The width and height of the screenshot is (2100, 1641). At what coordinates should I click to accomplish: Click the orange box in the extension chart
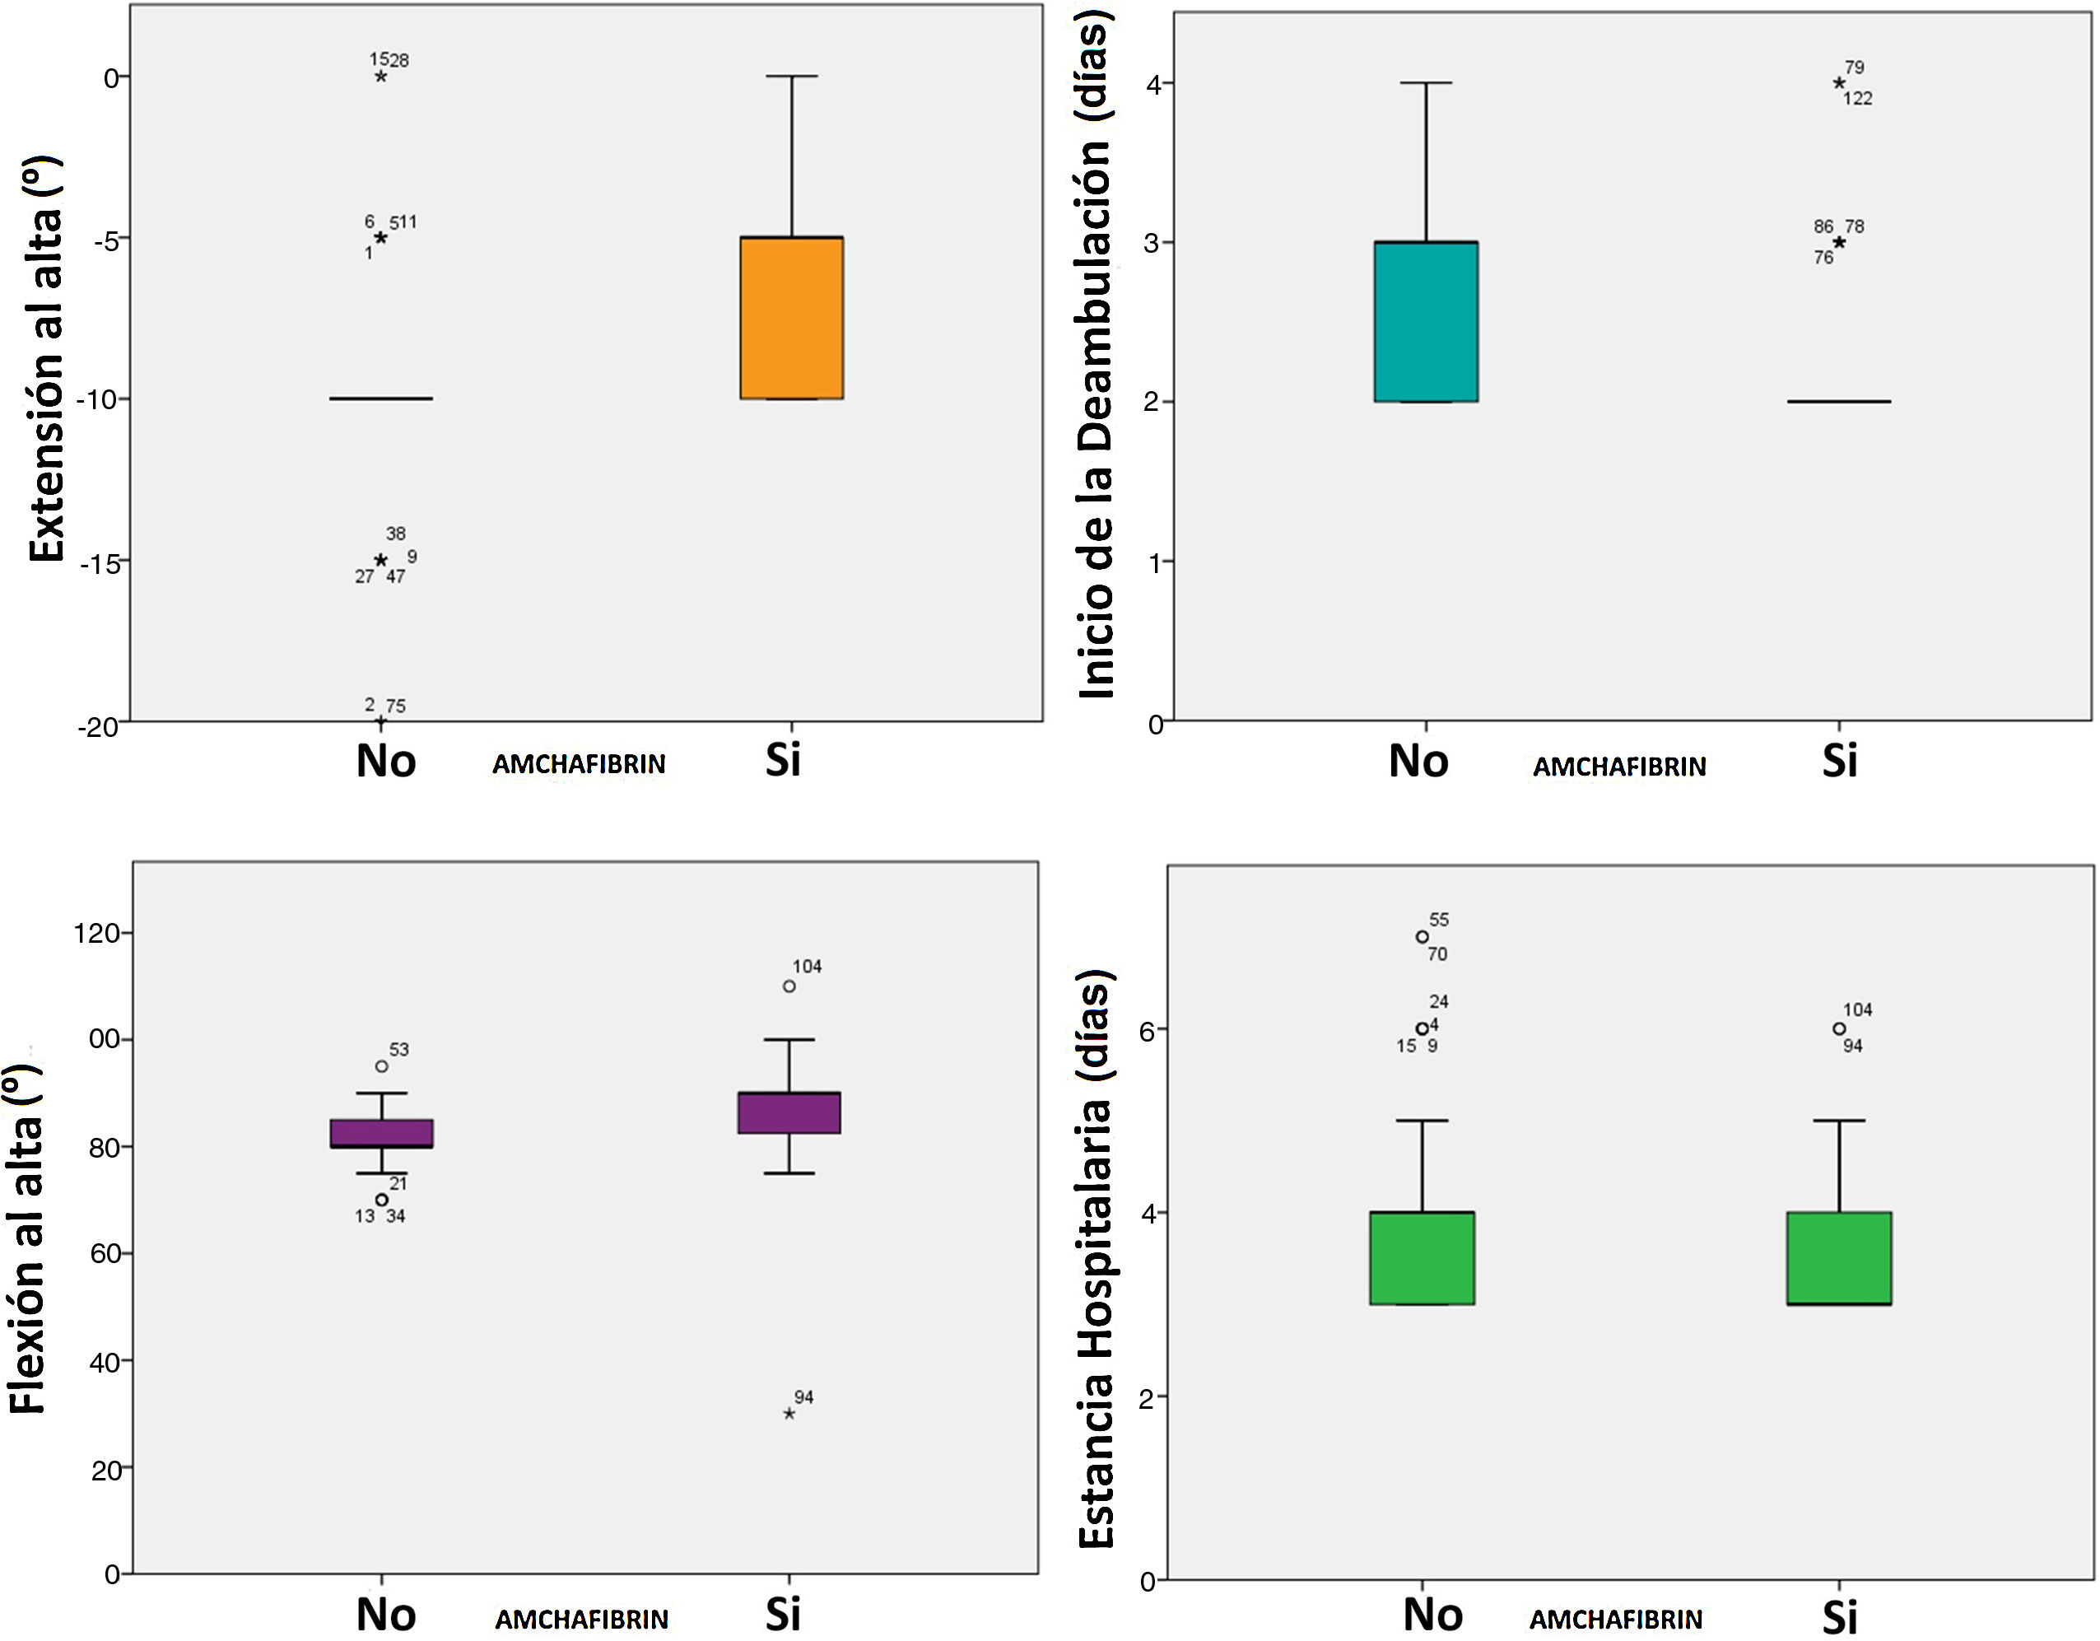(791, 318)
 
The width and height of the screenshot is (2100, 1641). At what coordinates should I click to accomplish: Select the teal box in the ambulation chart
(1426, 321)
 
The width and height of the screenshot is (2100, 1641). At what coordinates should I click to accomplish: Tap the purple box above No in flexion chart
(382, 1133)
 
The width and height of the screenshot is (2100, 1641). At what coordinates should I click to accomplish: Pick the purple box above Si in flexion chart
(789, 1113)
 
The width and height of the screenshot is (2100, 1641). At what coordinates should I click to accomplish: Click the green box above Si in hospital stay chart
(1839, 1258)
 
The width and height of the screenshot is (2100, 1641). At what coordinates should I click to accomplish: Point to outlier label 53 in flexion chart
(399, 1050)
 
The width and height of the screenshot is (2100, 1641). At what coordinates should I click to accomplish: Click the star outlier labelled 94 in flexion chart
(789, 1414)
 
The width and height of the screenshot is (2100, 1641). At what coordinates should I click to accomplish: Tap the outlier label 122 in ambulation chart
(1858, 98)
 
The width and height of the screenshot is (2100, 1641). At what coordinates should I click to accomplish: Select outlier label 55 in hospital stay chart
(1438, 920)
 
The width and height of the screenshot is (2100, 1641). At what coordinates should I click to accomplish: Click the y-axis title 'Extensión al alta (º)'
(45, 359)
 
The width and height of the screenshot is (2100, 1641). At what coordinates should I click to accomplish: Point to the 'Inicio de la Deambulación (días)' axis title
(1095, 354)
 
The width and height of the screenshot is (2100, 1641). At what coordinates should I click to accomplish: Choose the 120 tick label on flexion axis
(97, 932)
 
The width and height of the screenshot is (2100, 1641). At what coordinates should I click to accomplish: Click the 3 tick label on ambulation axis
(1151, 242)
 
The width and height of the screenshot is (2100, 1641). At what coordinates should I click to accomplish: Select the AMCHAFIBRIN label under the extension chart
(579, 764)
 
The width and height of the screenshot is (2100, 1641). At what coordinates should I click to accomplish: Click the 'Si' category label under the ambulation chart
(1839, 762)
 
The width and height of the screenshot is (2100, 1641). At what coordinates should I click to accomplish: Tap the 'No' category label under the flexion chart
(385, 1614)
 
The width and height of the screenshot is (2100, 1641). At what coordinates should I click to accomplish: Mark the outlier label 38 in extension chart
(395, 533)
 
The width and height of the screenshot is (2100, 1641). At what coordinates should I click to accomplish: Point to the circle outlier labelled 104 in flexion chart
(789, 986)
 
